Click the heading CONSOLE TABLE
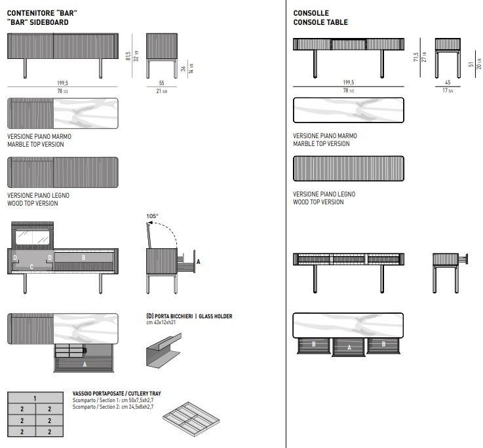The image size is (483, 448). tap(320, 22)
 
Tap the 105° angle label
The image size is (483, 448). tap(153, 215)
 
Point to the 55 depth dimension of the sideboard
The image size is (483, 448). tap(162, 84)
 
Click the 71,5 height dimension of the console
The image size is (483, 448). tap(415, 58)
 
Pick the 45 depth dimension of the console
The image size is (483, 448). tap(448, 83)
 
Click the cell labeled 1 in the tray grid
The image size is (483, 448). tap(35, 398)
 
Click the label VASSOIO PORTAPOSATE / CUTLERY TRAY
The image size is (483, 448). tap(116, 394)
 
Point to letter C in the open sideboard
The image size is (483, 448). tap(31, 267)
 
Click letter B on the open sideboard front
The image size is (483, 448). tap(83, 258)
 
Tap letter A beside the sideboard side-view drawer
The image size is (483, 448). tap(198, 261)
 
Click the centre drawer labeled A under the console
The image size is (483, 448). tap(349, 346)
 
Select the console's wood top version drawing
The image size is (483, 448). tap(349, 168)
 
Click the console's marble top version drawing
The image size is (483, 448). tap(349, 110)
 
